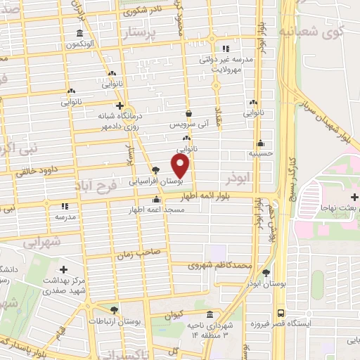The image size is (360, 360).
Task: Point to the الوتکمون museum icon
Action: pos(79,33)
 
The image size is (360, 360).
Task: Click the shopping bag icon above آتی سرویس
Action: pos(188,112)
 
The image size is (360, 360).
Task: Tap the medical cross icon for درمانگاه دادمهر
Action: pos(120,105)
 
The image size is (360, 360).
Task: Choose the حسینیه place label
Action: pos(260,152)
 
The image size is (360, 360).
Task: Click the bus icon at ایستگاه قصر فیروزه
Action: pos(281,313)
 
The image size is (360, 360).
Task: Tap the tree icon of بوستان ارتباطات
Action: pos(115,309)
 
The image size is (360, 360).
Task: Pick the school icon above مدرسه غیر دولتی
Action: pos(226,49)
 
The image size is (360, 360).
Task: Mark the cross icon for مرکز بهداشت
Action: pos(64,269)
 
